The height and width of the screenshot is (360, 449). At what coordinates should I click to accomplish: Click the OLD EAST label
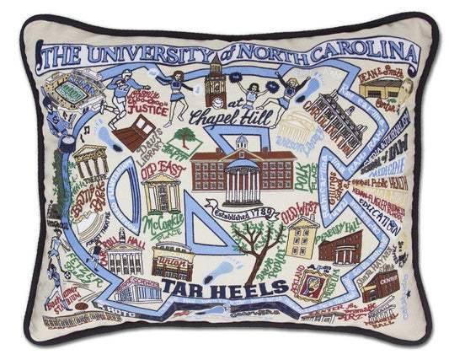pos(161,165)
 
